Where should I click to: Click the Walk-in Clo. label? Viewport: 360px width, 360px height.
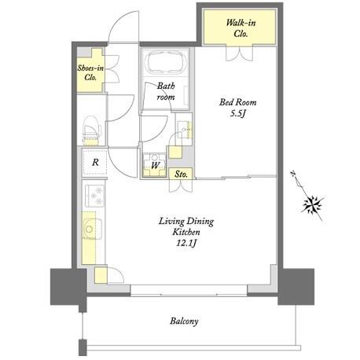tap(241, 28)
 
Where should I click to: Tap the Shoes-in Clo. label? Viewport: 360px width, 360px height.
tap(90, 72)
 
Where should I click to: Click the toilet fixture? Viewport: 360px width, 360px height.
tap(91, 131)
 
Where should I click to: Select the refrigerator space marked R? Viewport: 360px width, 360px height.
tap(94, 163)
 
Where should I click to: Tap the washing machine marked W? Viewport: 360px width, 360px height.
tap(155, 165)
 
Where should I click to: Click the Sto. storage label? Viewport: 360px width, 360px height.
tap(181, 174)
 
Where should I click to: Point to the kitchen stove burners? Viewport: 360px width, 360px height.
tap(95, 196)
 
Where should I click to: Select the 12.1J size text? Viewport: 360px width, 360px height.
tap(186, 244)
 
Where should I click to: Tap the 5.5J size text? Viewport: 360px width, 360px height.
tap(238, 113)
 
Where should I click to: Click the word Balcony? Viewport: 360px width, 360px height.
tap(184, 321)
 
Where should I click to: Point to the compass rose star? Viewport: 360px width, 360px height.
tap(313, 204)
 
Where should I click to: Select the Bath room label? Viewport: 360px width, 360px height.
tap(166, 91)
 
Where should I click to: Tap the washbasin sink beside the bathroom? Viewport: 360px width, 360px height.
tap(184, 130)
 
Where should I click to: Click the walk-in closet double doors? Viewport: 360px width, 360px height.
tap(240, 53)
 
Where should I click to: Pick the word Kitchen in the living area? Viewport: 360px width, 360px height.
tap(186, 232)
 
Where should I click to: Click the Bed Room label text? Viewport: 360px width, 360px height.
tap(237, 102)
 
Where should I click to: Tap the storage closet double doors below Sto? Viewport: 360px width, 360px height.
tap(181, 186)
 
